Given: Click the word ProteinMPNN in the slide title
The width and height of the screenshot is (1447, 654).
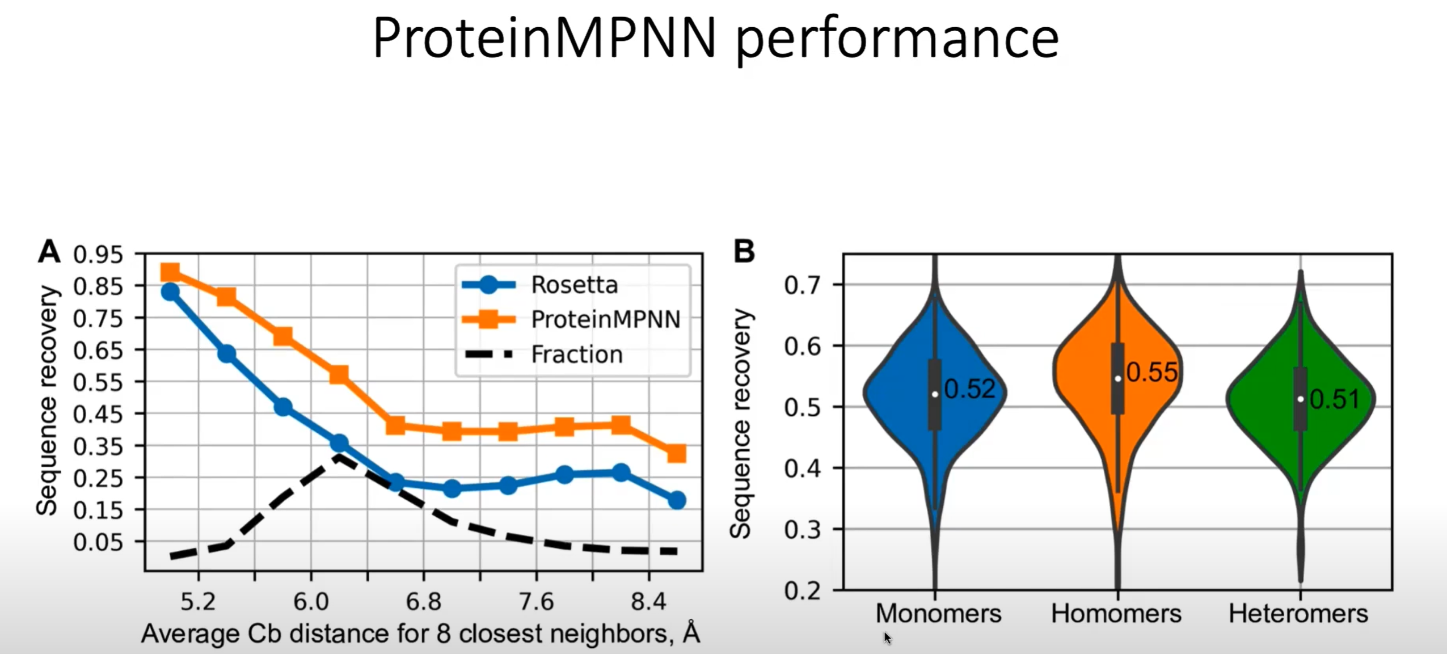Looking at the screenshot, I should coord(545,39).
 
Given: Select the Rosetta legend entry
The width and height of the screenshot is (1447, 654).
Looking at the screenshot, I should coord(574,285).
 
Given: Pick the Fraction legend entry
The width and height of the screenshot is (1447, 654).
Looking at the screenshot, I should coord(576,355).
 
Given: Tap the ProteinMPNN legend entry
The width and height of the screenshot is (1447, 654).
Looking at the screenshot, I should coord(605,319).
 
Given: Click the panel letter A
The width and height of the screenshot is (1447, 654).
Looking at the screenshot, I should coord(49,251).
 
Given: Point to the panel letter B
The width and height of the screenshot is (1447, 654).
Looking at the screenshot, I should coord(744,251).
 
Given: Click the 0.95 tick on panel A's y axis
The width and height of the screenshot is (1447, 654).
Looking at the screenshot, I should coord(98,255).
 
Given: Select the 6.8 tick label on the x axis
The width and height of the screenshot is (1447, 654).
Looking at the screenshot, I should coord(423,601).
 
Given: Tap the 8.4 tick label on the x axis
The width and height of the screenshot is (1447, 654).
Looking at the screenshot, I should coord(648,601).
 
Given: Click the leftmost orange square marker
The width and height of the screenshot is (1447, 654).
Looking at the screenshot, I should coord(170,273).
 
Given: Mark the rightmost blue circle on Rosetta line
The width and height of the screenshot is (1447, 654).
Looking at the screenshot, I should coord(676,500).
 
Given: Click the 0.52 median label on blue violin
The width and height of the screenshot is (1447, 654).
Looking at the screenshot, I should coord(969,389).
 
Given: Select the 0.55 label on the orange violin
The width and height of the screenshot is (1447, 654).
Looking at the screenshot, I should coord(1151,373).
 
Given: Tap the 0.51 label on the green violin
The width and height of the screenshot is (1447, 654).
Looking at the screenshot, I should coord(1334,399).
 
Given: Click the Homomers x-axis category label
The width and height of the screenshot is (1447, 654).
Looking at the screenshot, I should coord(1116,614).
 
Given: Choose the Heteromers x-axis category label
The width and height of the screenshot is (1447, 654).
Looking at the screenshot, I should coord(1298,614).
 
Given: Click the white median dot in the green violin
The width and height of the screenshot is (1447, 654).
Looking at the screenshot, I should coord(1300,399).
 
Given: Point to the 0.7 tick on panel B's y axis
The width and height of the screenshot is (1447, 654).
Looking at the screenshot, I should coord(802,285).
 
